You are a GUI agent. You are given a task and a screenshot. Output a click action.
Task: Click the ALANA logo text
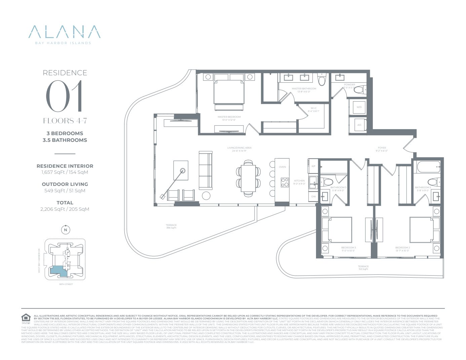65,32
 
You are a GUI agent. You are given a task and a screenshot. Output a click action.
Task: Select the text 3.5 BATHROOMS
65,140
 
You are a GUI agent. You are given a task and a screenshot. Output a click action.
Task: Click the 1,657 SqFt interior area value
65,172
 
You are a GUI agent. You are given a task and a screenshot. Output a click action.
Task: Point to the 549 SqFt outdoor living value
65,191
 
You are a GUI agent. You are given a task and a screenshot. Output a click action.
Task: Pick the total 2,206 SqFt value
65,209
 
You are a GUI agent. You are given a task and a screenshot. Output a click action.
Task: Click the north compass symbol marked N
66,230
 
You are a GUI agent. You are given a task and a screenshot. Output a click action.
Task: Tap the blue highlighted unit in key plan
58,271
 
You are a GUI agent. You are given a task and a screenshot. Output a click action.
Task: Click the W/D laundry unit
359,107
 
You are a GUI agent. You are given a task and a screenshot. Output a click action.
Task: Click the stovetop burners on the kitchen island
285,182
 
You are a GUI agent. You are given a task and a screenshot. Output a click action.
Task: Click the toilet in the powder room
359,90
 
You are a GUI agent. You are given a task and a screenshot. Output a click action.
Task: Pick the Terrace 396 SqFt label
171,227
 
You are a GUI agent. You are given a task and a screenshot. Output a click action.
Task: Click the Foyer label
382,149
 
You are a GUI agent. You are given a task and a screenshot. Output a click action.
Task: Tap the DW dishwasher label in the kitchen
313,196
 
